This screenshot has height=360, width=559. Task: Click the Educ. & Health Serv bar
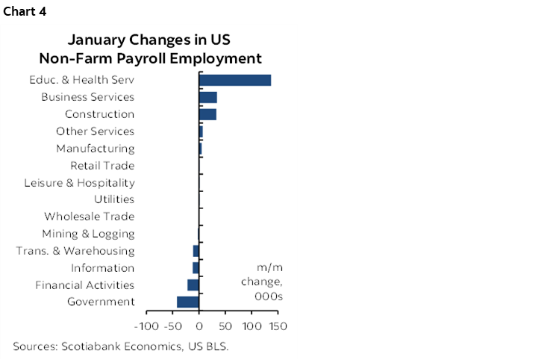[234, 80]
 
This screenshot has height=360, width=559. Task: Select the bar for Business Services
[207, 97]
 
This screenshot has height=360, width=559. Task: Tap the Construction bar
[207, 114]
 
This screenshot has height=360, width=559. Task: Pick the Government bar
[187, 302]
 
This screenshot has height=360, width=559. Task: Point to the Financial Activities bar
[193, 285]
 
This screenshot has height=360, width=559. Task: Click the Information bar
[196, 267]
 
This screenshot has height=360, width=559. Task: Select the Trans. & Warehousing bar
[196, 251]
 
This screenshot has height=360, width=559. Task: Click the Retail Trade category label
[102, 166]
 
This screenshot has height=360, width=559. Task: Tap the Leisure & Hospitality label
[79, 183]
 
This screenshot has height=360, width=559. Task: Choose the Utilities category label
[114, 199]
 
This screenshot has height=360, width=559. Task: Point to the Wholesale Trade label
[89, 217]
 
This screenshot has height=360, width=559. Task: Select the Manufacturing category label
[96, 149]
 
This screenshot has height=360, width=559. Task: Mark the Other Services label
[95, 131]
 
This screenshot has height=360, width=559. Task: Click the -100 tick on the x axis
[146, 326]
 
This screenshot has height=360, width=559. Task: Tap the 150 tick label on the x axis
[278, 326]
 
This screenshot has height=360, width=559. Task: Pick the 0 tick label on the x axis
[199, 326]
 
